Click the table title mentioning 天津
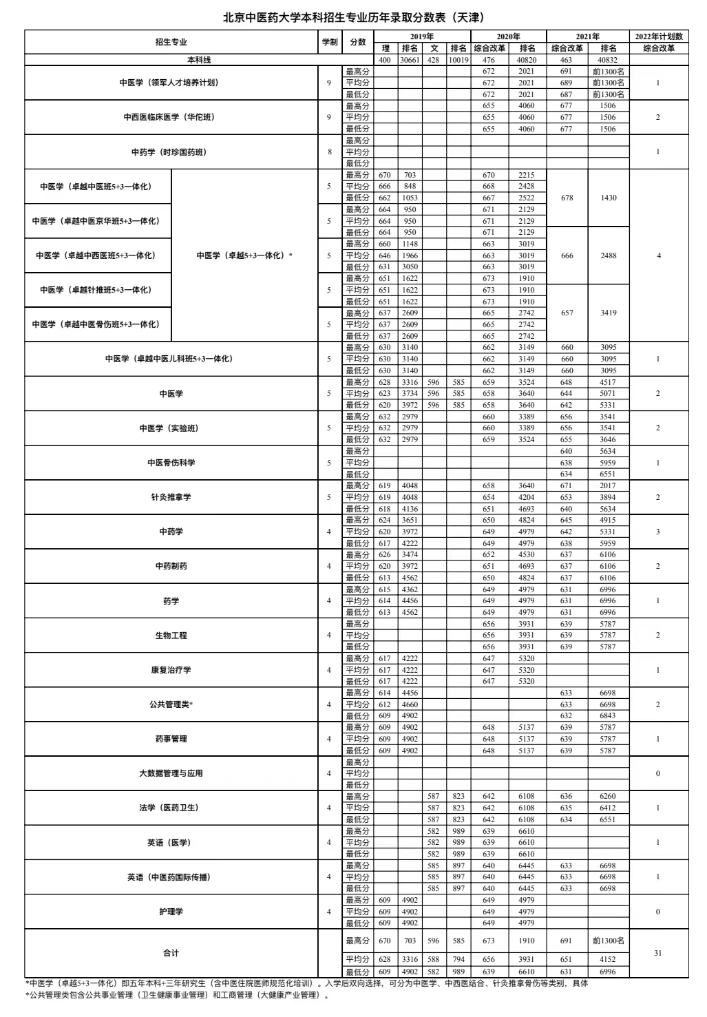[353, 17]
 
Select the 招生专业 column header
[171, 42]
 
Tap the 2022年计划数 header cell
[659, 36]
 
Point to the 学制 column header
[329, 42]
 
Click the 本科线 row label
[171, 60]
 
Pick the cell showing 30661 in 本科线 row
[410, 60]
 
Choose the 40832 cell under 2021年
[608, 60]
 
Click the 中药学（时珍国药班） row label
[171, 152]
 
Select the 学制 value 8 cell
[329, 152]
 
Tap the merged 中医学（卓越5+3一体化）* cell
[244, 255]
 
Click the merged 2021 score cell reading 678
[567, 198]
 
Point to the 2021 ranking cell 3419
[608, 313]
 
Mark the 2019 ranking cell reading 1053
[410, 198]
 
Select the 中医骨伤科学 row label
[171, 463]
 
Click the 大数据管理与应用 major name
[171, 773]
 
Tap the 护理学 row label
[171, 912]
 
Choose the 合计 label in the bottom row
[171, 953]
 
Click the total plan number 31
[658, 953]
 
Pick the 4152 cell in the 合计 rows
[608, 959]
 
